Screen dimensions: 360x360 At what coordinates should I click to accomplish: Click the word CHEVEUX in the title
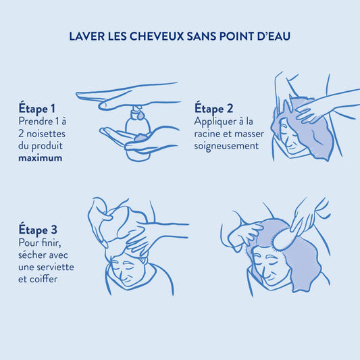[x=157, y=36]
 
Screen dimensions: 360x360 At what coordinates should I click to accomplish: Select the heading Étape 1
[x=36, y=108]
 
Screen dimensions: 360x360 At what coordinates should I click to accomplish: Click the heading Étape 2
[x=213, y=108]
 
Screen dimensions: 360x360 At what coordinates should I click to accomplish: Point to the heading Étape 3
[x=38, y=230]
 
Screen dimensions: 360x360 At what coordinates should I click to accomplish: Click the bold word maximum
[x=40, y=158]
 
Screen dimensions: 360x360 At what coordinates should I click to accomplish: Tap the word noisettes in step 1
[x=46, y=134]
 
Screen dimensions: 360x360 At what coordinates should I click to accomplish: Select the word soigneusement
[x=226, y=147]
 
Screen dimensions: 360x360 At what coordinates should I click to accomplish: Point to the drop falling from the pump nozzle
[x=140, y=115]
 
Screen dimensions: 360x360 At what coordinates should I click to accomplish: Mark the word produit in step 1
[x=47, y=147]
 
